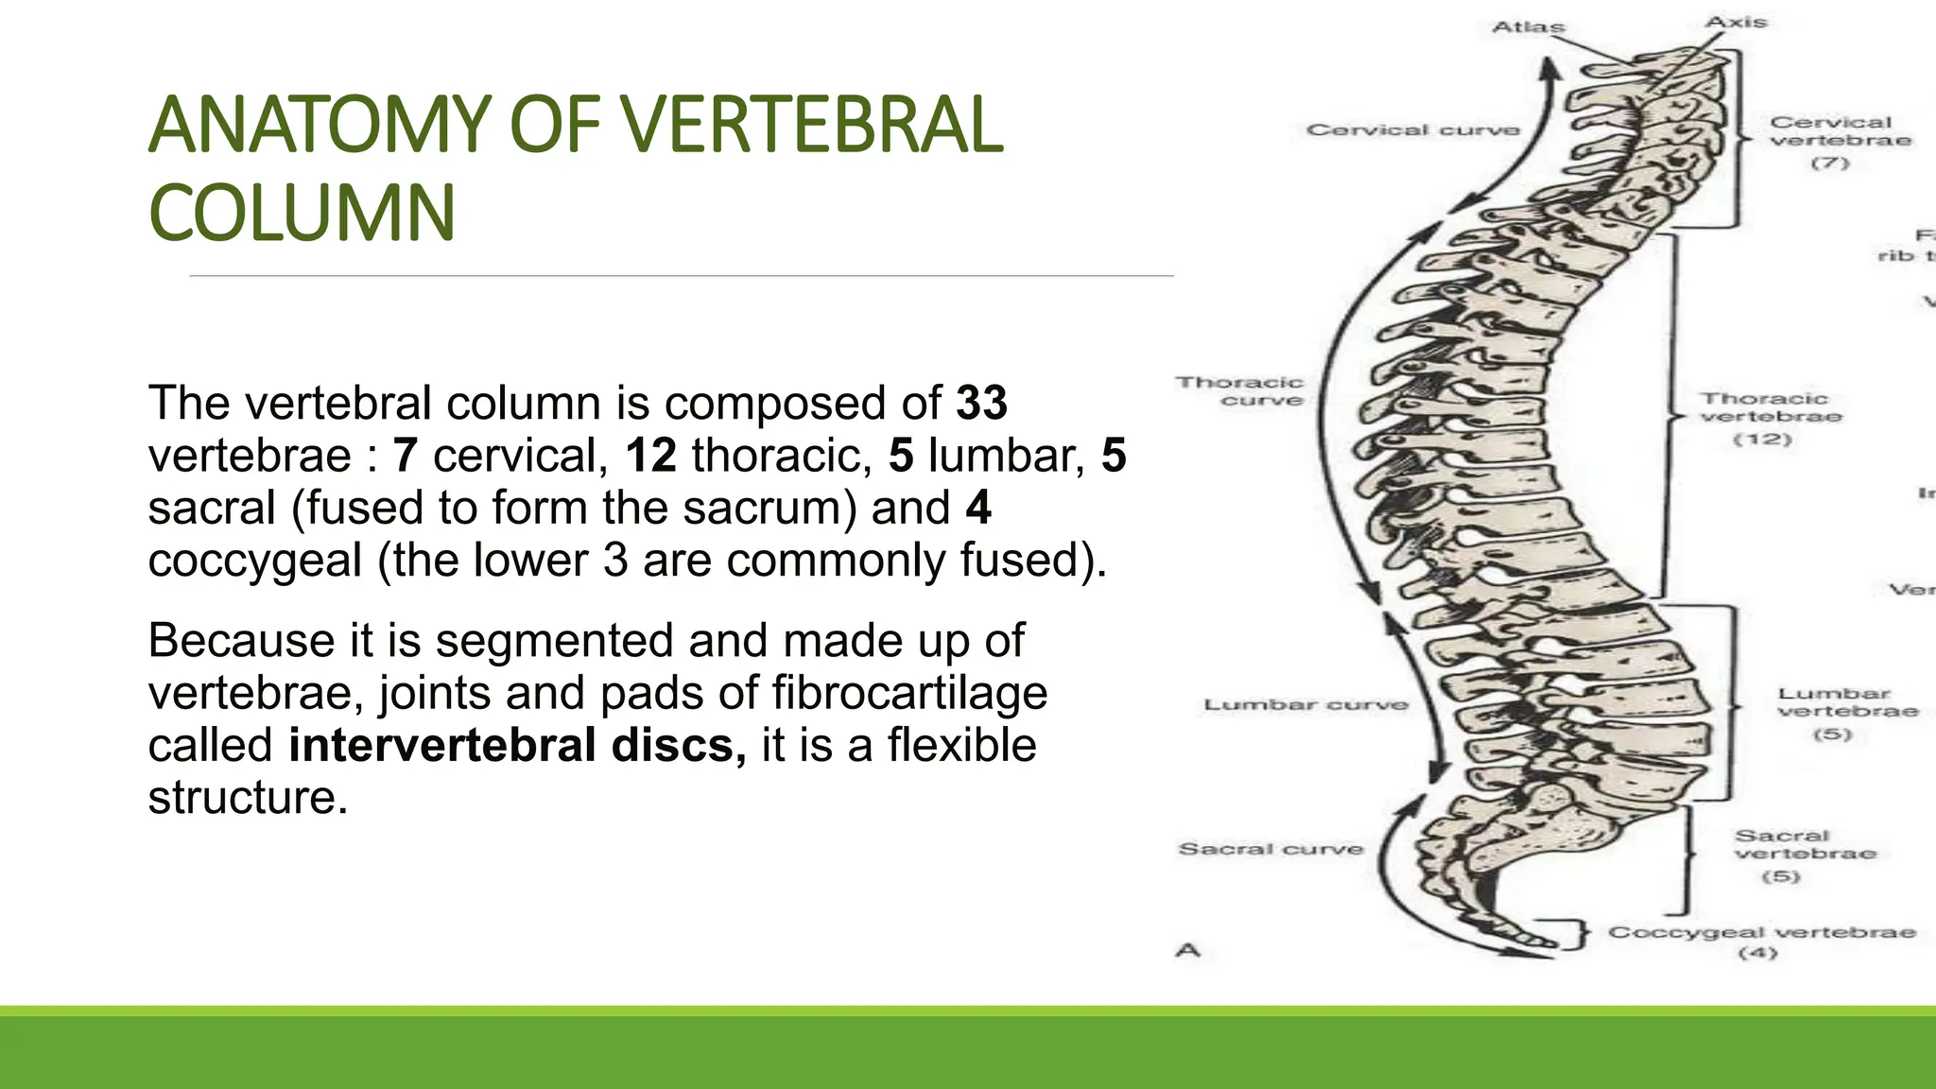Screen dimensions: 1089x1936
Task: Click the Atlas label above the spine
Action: click(x=1528, y=26)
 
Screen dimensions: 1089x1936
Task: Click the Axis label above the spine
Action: click(x=1736, y=22)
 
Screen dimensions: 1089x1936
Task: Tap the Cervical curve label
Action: click(x=1412, y=130)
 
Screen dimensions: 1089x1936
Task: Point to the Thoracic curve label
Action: click(x=1240, y=391)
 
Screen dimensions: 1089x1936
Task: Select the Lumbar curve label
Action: click(x=1305, y=704)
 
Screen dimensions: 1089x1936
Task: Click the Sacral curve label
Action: click(x=1270, y=849)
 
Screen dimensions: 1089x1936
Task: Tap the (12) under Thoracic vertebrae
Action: click(x=1762, y=440)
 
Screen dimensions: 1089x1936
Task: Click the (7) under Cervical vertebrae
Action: click(x=1829, y=163)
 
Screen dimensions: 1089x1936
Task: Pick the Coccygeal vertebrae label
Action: click(x=1762, y=932)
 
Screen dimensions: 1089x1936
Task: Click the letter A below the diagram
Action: click(x=1187, y=950)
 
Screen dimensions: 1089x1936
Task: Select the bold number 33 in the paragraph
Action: click(x=981, y=403)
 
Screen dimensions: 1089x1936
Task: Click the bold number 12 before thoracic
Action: click(x=650, y=456)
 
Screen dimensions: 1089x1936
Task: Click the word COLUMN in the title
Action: click(x=302, y=213)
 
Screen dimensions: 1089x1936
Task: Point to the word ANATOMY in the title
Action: click(x=320, y=125)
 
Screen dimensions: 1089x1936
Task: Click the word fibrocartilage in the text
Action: click(x=909, y=693)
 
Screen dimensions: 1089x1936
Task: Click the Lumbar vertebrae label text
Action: click(x=1847, y=702)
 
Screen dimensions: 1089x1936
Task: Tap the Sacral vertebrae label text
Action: click(x=1804, y=844)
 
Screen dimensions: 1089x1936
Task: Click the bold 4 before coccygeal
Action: click(x=978, y=508)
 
